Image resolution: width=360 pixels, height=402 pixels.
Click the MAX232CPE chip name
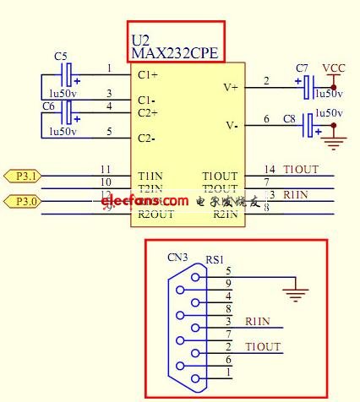[175, 53]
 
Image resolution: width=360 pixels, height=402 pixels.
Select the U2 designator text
[140, 40]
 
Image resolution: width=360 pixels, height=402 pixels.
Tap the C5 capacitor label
[61, 56]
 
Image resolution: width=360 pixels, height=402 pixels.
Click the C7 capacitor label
[303, 67]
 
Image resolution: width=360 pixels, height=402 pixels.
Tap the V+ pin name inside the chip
[230, 86]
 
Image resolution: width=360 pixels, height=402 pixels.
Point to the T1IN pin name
[150, 176]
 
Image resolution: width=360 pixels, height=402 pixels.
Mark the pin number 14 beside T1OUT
[270, 169]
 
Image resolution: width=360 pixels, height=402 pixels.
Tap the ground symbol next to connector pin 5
[295, 294]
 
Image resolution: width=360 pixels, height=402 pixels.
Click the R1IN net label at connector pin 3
[259, 321]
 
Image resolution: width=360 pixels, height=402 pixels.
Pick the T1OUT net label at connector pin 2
[262, 346]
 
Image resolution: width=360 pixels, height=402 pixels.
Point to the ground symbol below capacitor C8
[335, 144]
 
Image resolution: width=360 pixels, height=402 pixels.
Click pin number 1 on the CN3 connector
[228, 372]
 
